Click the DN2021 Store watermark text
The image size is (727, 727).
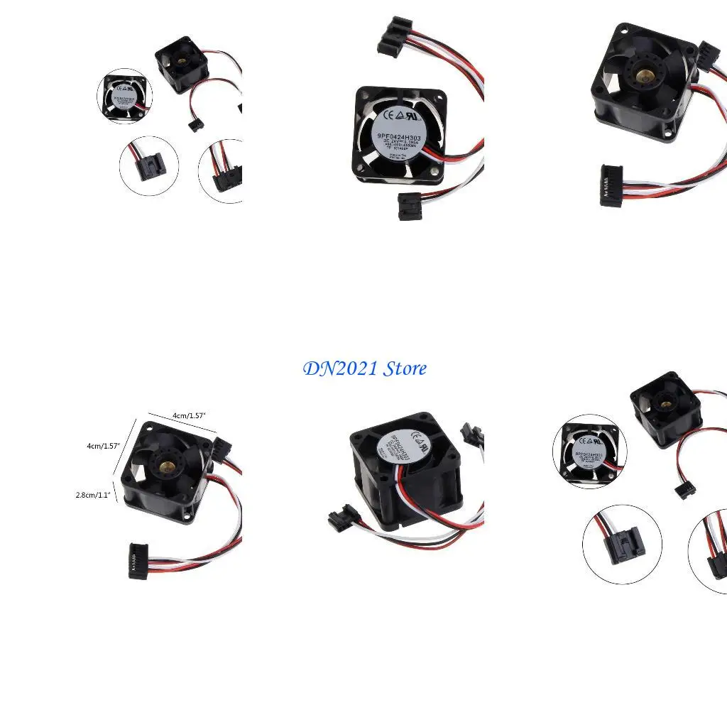[x=365, y=368]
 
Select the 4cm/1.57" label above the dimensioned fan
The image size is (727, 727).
[x=188, y=415]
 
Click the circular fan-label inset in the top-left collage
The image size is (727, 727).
[x=124, y=96]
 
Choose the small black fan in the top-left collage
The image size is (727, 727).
[x=182, y=63]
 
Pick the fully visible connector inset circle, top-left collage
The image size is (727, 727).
[x=149, y=165]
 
